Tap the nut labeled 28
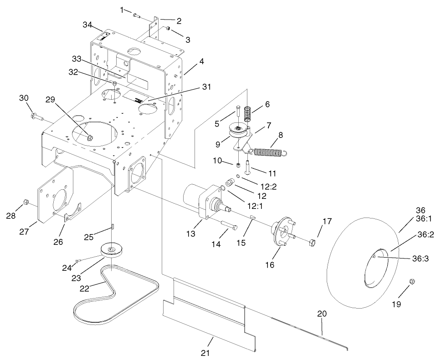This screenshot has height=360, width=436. (x=26, y=202)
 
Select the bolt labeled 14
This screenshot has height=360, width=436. (x=227, y=225)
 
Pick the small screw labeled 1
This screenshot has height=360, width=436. (x=137, y=16)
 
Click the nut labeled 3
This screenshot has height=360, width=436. (x=168, y=29)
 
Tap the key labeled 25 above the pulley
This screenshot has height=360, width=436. (x=112, y=226)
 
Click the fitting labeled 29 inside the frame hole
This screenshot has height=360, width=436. (x=89, y=136)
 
